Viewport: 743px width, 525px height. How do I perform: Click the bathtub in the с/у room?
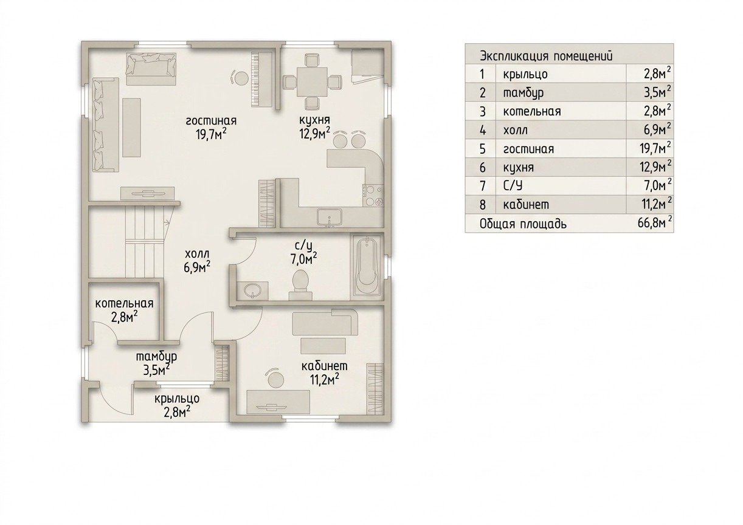click(367, 266)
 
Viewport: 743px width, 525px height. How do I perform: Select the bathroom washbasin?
click(253, 291)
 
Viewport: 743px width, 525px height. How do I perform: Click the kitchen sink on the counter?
click(329, 218)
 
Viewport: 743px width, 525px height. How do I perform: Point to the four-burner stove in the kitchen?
click(373, 196)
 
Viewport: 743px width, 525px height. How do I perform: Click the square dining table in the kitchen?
click(312, 82)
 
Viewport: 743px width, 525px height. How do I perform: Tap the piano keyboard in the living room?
click(262, 79)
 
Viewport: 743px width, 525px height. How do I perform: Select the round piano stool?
click(241, 78)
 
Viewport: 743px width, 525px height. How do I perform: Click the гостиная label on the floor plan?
click(212, 121)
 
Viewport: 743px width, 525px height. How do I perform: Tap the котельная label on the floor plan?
click(125, 304)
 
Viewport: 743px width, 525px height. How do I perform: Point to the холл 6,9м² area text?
click(198, 261)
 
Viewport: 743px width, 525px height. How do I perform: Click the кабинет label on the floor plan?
click(325, 366)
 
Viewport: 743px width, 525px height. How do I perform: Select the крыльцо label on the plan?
click(177, 399)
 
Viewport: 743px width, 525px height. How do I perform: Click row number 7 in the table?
click(483, 186)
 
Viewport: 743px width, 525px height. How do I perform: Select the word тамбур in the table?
click(524, 93)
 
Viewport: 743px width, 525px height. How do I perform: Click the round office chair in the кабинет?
click(275, 379)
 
